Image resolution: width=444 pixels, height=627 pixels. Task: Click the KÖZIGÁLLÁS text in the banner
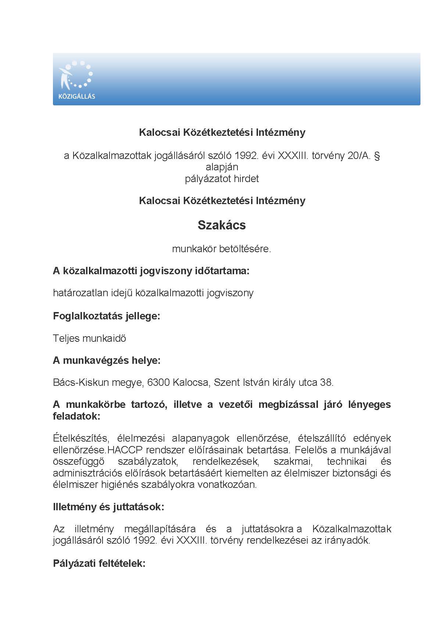pos(77,97)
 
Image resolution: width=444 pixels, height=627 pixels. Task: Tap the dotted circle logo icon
pos(76,75)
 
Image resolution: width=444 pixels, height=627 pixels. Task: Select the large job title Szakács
pos(222,225)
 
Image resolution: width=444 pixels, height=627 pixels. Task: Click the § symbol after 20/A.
pos(376,156)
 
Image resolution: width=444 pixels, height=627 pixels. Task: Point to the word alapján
pos(222,167)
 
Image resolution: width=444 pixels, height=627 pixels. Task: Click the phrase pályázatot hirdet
pos(222,179)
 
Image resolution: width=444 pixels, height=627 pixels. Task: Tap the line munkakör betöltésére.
pos(222,249)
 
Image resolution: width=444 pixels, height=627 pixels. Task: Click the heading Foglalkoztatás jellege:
pos(107,316)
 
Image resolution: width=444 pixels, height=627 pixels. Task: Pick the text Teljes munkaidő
pos(89,338)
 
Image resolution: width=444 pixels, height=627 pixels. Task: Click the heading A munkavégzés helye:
pos(107,360)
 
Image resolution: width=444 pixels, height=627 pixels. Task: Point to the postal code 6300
pos(158,383)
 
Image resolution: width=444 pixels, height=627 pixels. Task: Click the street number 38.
pos(327,383)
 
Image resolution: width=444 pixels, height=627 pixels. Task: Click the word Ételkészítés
pos(80,438)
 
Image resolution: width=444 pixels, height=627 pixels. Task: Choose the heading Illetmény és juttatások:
pos(108,507)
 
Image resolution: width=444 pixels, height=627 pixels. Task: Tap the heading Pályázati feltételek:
pos(99,563)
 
